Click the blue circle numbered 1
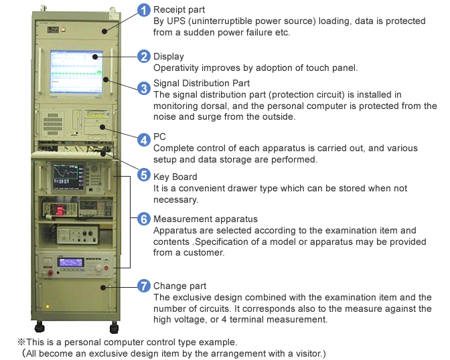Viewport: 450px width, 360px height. click(x=144, y=10)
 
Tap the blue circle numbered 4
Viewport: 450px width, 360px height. click(x=144, y=140)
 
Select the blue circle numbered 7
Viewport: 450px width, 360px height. click(x=144, y=286)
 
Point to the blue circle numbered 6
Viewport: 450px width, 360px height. click(x=144, y=219)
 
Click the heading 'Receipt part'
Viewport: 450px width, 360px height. click(x=179, y=10)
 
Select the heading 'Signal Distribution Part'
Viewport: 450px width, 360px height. click(x=202, y=83)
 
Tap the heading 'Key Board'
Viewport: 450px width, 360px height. click(x=175, y=177)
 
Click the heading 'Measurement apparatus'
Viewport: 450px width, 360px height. click(x=206, y=219)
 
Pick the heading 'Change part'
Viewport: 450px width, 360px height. click(x=180, y=286)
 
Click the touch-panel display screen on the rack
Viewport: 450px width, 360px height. click(x=76, y=72)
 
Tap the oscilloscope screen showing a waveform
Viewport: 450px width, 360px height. click(x=66, y=177)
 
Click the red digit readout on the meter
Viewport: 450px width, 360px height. click(x=60, y=210)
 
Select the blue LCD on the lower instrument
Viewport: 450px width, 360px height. click(x=70, y=262)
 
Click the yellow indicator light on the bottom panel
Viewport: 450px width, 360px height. click(x=48, y=306)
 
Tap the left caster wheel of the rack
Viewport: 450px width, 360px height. click(x=40, y=327)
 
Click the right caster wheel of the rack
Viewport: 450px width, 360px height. click(x=115, y=328)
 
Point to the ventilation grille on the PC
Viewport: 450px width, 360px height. click(x=53, y=124)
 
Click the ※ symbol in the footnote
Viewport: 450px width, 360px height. click(x=21, y=342)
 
